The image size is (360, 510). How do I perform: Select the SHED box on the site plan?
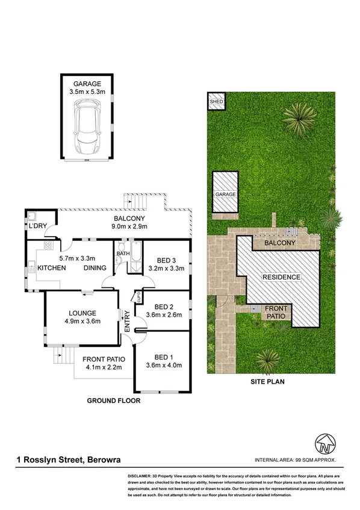pos(216,101)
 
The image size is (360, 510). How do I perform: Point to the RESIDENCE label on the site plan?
pos(281,277)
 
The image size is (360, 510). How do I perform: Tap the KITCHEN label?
pos(51,268)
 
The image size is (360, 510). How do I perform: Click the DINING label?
pos(95,268)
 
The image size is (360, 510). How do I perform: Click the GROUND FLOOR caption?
pos(114,400)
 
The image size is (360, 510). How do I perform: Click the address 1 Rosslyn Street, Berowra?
pos(68,460)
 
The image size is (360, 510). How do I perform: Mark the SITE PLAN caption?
pos(268,381)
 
